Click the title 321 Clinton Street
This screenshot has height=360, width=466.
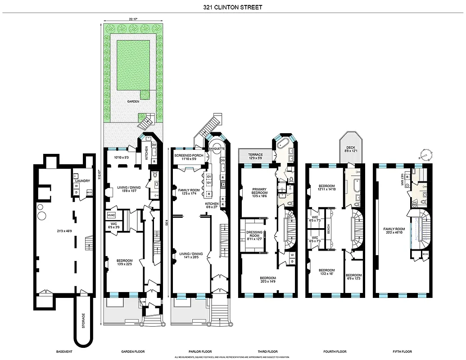coord(233,7)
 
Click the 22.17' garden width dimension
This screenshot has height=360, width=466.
coord(132,19)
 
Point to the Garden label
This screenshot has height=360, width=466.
coord(133,102)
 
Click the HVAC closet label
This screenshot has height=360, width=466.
coord(112,215)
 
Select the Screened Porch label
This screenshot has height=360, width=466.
coord(189,155)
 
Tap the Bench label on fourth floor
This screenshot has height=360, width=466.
coord(329,228)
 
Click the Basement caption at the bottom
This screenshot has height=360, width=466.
coord(63,351)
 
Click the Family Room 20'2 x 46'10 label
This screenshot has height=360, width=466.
coord(394,230)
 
